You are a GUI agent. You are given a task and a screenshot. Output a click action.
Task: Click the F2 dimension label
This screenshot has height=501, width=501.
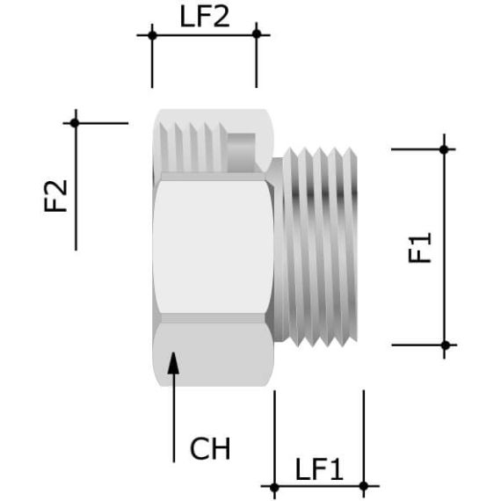(56, 196)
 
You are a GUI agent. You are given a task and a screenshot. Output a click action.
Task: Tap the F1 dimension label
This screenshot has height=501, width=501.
(422, 247)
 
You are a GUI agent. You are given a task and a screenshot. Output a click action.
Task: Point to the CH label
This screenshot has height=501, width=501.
(210, 449)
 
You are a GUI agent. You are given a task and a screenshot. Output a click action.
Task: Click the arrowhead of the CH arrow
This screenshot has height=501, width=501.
(173, 360)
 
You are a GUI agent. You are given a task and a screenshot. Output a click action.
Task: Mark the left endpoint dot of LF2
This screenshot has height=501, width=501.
(152, 35)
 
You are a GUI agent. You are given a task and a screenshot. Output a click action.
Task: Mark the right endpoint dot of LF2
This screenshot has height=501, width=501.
(257, 34)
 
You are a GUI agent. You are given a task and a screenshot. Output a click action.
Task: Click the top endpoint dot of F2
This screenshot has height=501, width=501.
(76, 122)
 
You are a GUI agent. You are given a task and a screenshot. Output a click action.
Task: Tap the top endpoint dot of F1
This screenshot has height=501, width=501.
(445, 149)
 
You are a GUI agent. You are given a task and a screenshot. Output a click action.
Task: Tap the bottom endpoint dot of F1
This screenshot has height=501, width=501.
(445, 345)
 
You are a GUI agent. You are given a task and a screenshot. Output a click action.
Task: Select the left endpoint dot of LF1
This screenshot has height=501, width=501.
(274, 485)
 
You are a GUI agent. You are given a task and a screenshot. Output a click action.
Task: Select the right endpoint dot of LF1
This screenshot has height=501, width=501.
(364, 485)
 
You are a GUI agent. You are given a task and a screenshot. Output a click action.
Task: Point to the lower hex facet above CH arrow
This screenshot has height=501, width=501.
(211, 356)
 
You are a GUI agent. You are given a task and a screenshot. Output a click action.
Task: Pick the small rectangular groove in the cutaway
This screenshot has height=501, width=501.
(243, 143)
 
